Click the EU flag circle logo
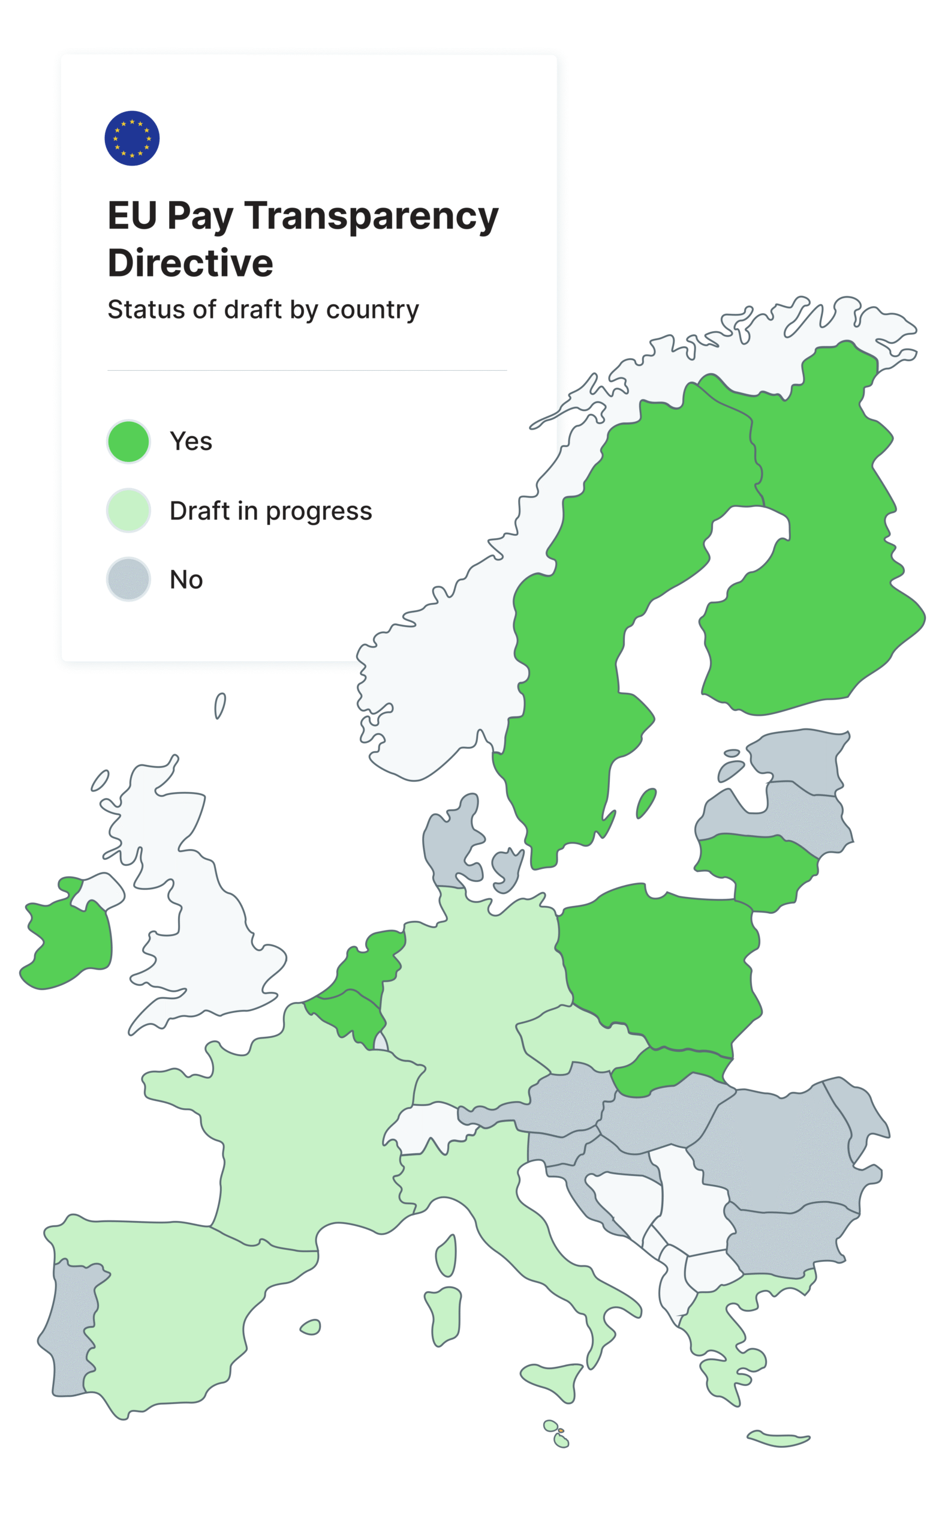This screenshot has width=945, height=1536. (x=132, y=138)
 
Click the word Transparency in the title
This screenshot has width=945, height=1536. (x=371, y=217)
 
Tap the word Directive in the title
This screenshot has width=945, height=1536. (x=190, y=263)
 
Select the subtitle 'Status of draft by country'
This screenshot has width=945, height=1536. (x=263, y=310)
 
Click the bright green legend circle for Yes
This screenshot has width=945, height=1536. (x=128, y=442)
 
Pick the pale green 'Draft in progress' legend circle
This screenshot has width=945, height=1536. (x=128, y=511)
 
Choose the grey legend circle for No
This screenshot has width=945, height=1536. (x=128, y=579)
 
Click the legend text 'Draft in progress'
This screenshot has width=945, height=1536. (x=270, y=511)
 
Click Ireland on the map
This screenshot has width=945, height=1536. (x=69, y=941)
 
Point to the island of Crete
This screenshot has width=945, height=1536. (x=778, y=1438)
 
